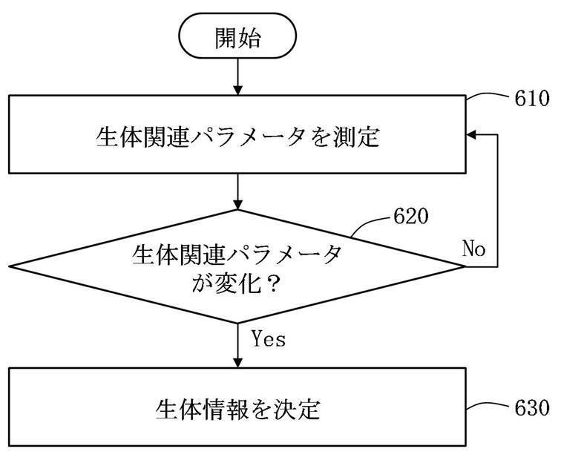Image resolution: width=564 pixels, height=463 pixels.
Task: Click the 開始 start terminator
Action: [237, 36]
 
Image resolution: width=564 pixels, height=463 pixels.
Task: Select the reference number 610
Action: [532, 98]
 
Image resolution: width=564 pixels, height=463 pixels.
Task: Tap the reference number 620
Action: [411, 216]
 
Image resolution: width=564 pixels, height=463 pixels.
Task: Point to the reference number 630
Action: [532, 407]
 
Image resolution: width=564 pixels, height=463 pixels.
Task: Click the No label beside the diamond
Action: [473, 249]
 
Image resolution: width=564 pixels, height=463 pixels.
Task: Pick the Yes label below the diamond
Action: [269, 338]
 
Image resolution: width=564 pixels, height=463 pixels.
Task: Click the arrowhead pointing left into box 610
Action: [471, 135]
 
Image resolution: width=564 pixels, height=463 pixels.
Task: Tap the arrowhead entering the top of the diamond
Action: [237, 204]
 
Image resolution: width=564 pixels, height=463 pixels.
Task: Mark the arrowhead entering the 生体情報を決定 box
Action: [237, 363]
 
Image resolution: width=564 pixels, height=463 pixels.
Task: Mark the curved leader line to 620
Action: [370, 223]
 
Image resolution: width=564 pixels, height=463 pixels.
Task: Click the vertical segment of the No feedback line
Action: [497, 201]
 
